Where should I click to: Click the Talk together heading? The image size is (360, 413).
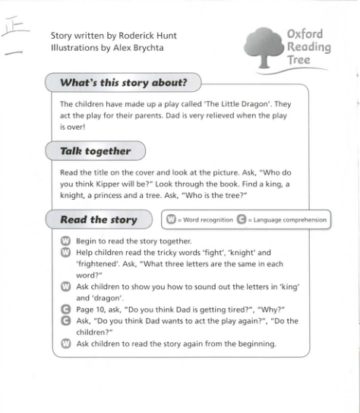[95, 151]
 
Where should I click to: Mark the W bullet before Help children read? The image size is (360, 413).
[65, 254]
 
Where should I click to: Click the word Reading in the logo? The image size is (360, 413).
[309, 48]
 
